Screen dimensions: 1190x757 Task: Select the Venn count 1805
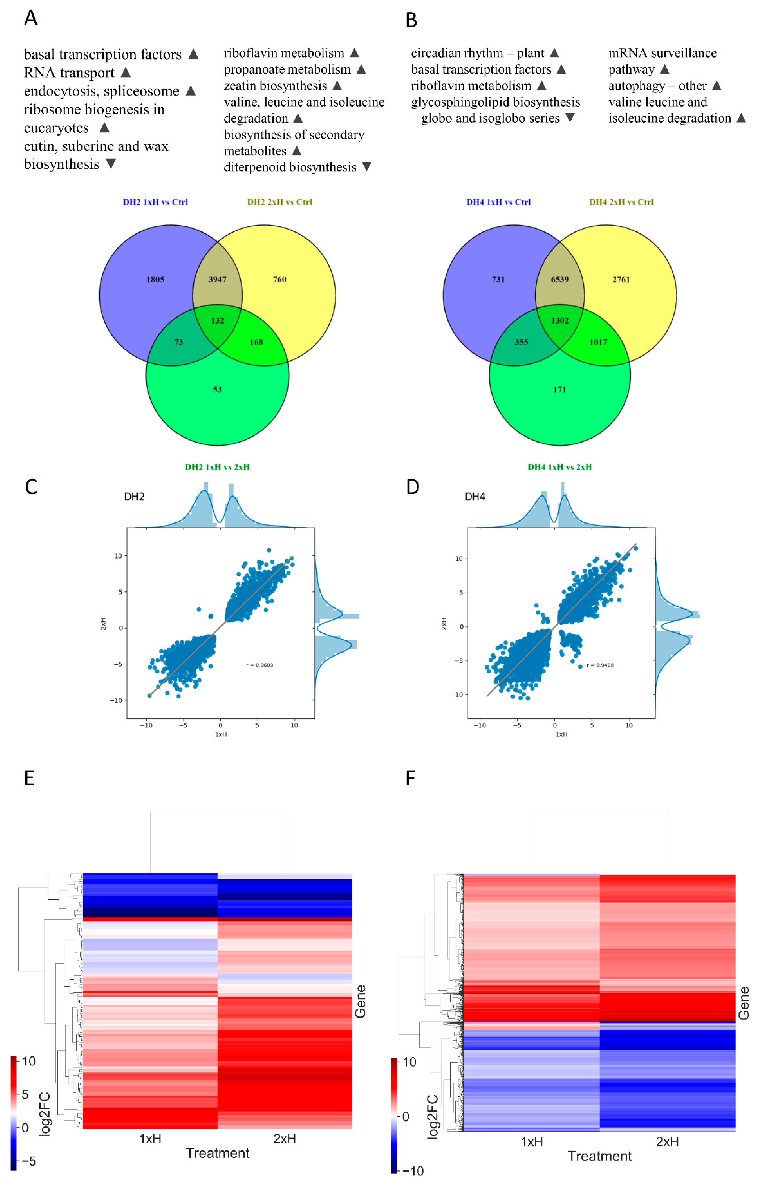(x=155, y=279)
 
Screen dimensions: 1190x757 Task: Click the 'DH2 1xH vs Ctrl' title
(x=155, y=202)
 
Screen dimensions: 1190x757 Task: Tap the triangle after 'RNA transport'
(x=126, y=73)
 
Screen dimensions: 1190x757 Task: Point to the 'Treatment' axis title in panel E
(x=217, y=1153)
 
